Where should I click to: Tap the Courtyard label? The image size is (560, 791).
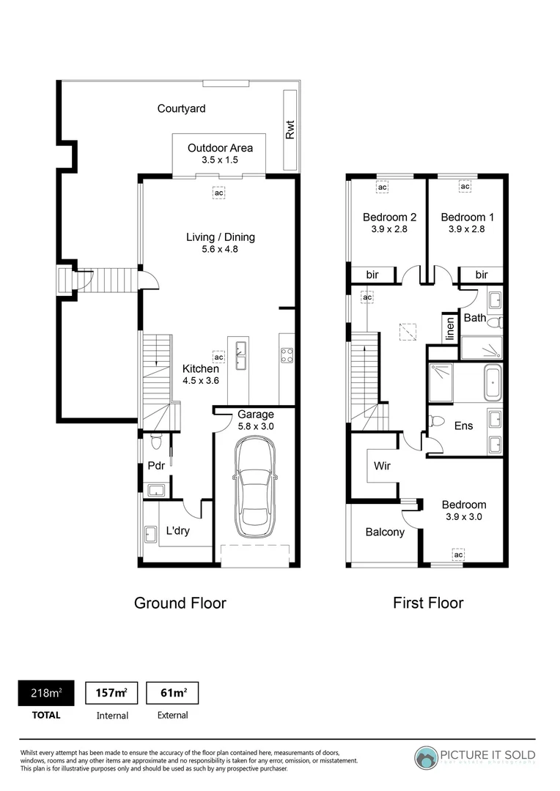(x=181, y=108)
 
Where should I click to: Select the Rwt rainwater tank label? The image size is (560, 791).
(x=290, y=130)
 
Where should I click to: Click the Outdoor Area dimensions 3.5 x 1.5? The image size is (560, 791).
(x=210, y=160)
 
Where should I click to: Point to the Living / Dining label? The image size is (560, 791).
(x=220, y=237)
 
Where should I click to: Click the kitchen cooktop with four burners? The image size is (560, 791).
(x=287, y=355)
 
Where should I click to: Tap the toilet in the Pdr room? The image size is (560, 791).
(x=155, y=442)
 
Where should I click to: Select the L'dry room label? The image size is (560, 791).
(x=177, y=531)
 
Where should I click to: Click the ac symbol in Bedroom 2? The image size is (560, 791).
(x=382, y=187)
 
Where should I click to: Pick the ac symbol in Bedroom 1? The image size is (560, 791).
(x=465, y=187)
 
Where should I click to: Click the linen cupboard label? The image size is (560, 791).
(x=449, y=328)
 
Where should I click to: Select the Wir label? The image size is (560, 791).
(x=382, y=465)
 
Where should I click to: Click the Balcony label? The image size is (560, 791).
(x=385, y=532)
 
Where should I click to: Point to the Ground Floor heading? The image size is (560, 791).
(x=180, y=603)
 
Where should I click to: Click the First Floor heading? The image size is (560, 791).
(x=428, y=603)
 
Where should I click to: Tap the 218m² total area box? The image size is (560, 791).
(x=45, y=692)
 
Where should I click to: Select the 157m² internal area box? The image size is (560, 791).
(x=112, y=692)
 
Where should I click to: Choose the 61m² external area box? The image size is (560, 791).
(x=172, y=692)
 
